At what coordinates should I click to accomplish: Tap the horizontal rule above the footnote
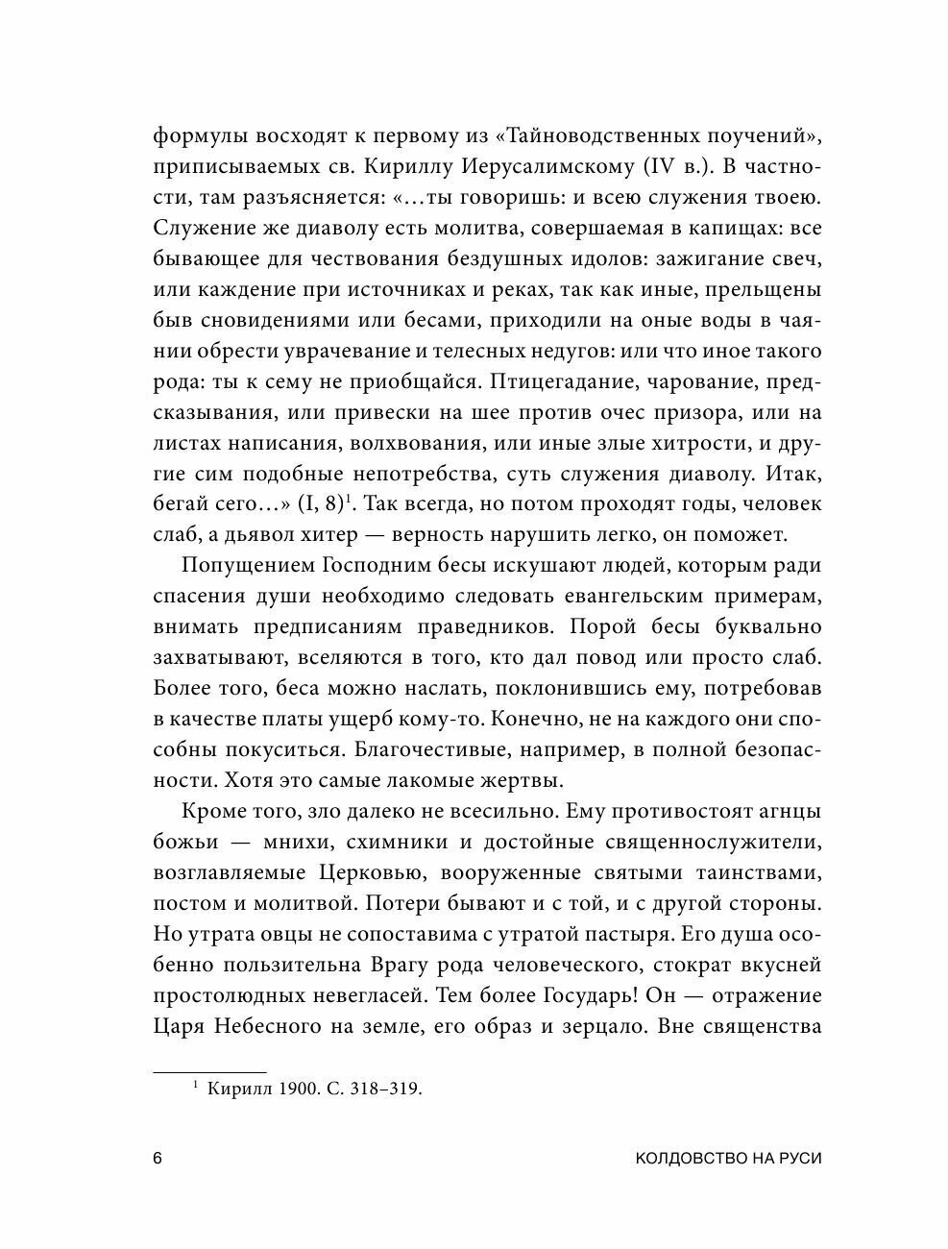[x=209, y=1068]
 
